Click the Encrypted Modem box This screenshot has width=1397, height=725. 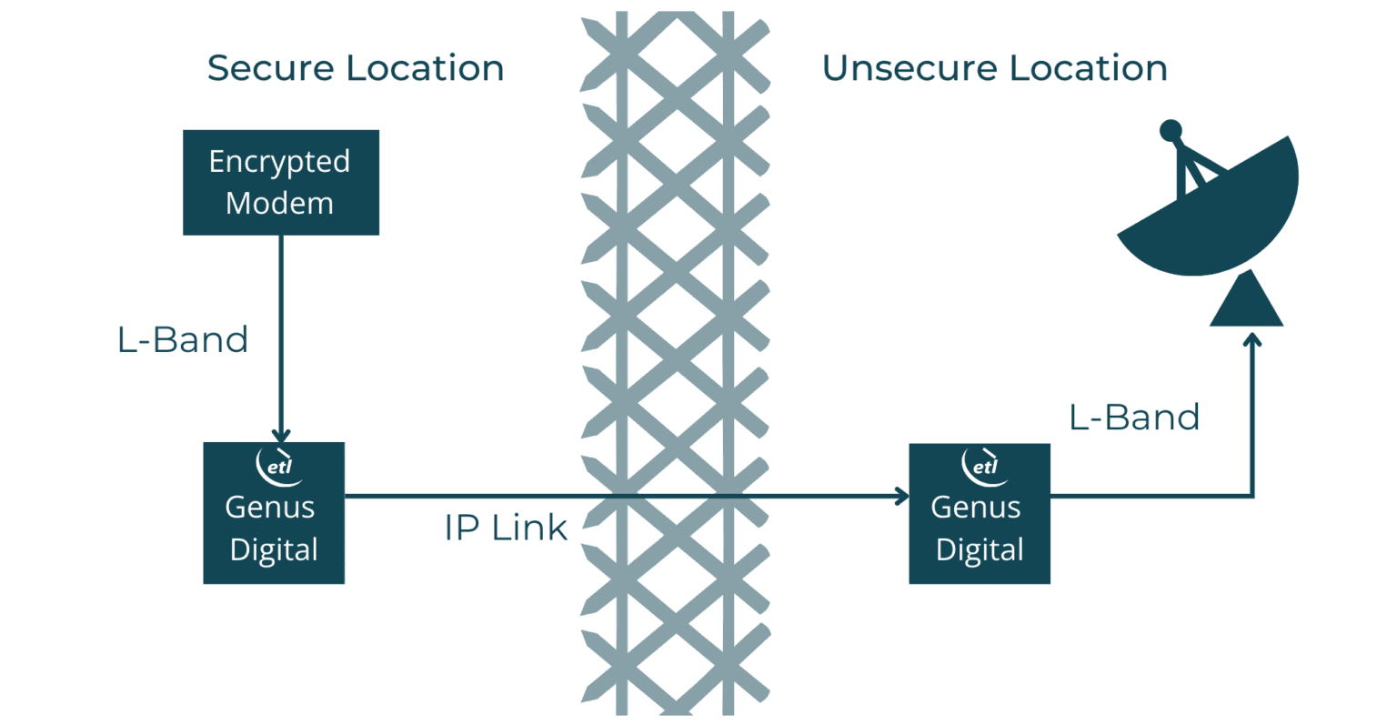click(280, 182)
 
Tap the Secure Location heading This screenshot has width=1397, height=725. click(355, 68)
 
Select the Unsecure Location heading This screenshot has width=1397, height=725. click(994, 68)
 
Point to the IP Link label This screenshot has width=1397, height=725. click(506, 528)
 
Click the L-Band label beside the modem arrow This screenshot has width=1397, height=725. click(183, 339)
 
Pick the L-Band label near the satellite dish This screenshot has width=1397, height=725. click(1134, 417)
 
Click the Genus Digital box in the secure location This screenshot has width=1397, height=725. click(274, 513)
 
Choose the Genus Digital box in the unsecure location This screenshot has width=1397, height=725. click(980, 514)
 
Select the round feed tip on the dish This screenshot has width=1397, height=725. click(1171, 131)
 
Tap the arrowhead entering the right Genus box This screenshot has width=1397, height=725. click(901, 496)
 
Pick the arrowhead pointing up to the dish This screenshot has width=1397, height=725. click(1252, 340)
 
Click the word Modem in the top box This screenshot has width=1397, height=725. click(279, 203)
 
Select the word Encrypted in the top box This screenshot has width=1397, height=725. click(279, 162)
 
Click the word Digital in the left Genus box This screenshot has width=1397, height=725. click(274, 549)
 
